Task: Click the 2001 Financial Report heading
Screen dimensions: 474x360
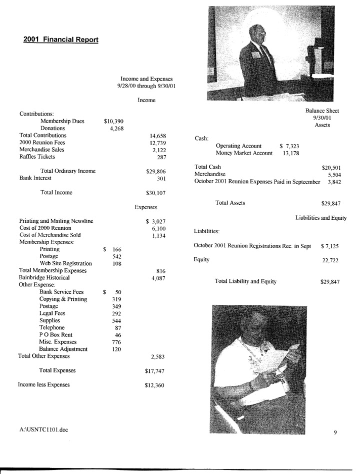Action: point(61,40)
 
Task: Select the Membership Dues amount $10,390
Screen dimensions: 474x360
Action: point(113,121)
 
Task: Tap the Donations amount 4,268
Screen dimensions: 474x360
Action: point(117,129)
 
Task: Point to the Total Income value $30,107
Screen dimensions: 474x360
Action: point(155,193)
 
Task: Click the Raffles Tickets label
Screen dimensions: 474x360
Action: point(37,157)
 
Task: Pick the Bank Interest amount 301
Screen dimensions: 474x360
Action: point(161,178)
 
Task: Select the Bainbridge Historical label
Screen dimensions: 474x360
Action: point(44,277)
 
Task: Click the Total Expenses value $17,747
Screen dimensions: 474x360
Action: point(154,371)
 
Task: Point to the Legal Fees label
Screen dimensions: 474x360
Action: point(52,313)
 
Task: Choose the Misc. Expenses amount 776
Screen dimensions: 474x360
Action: point(117,342)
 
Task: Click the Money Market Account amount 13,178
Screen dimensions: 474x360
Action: point(291,153)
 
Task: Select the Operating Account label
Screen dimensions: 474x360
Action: point(238,146)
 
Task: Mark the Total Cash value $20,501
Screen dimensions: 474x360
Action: point(331,168)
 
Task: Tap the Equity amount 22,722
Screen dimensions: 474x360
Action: point(331,260)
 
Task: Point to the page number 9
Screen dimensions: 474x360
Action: point(335,433)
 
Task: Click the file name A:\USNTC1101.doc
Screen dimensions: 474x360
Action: point(42,429)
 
